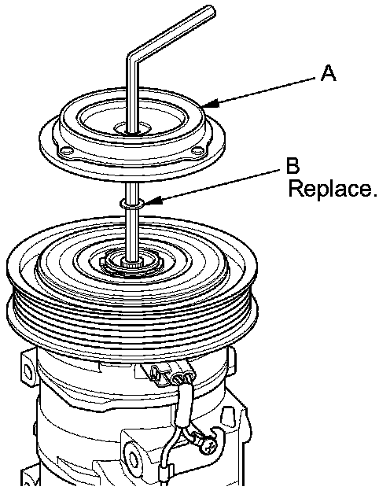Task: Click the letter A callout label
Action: click(x=328, y=73)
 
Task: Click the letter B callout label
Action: click(x=292, y=166)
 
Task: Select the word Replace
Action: click(x=333, y=189)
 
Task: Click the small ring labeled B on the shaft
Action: click(x=132, y=203)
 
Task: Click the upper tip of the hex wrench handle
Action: click(x=211, y=11)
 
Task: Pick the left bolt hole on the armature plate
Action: click(x=66, y=152)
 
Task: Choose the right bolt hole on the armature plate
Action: click(x=197, y=152)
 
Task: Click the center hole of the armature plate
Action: click(x=132, y=128)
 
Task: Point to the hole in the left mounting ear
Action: click(x=28, y=372)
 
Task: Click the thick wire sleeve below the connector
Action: click(x=184, y=404)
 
